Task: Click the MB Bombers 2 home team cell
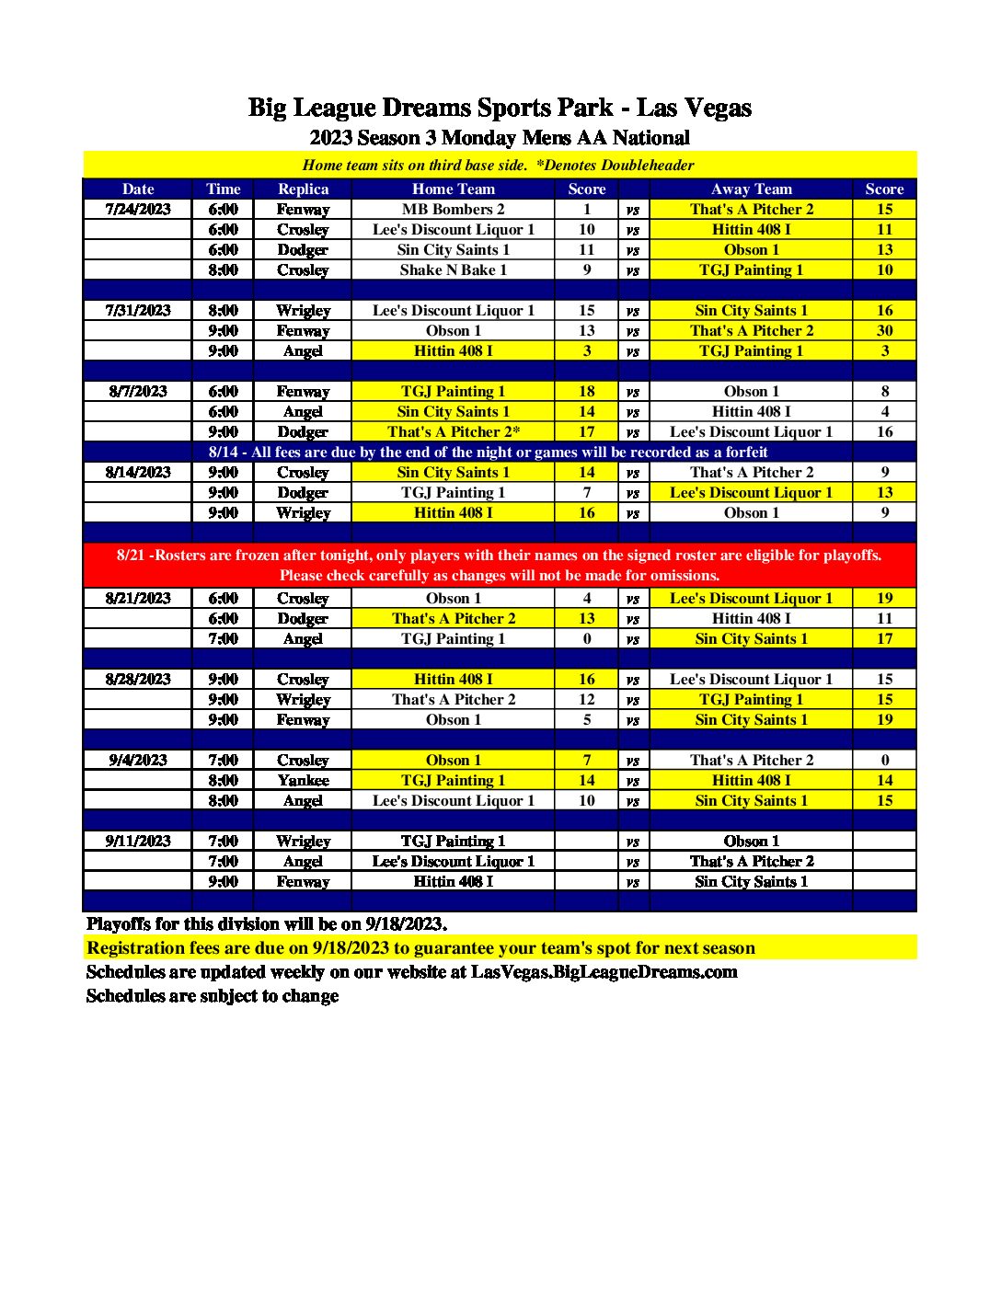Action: tap(453, 210)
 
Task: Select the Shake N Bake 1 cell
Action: tap(453, 270)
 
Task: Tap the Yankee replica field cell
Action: tap(303, 781)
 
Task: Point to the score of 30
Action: tap(884, 331)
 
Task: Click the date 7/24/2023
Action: tap(138, 210)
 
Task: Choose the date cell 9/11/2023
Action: tap(138, 842)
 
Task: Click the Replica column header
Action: tap(303, 189)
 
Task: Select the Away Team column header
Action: tap(751, 189)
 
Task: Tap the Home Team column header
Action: tap(453, 189)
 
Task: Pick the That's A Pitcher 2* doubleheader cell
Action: tap(453, 432)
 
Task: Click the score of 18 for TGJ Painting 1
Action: tap(587, 392)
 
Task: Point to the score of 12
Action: tap(587, 700)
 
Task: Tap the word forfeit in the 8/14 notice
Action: tap(744, 453)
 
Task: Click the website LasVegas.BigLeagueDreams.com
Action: tap(604, 972)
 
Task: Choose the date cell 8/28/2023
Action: tap(138, 680)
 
